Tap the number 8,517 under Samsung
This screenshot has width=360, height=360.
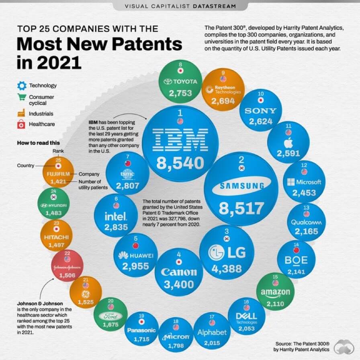click(x=241, y=209)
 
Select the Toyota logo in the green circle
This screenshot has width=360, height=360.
click(x=180, y=82)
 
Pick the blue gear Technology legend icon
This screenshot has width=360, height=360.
click(x=22, y=86)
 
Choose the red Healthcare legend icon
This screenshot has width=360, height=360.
click(x=22, y=124)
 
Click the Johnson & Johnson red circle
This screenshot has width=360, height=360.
click(x=65, y=267)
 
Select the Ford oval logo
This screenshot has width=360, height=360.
click(x=111, y=316)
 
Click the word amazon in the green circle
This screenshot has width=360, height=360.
click(x=275, y=292)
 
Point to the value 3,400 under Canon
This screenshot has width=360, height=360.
click(x=179, y=284)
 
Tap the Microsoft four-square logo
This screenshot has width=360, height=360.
click(x=291, y=182)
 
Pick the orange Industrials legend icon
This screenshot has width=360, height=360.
click(x=22, y=114)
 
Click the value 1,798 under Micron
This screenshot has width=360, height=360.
click(x=176, y=346)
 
